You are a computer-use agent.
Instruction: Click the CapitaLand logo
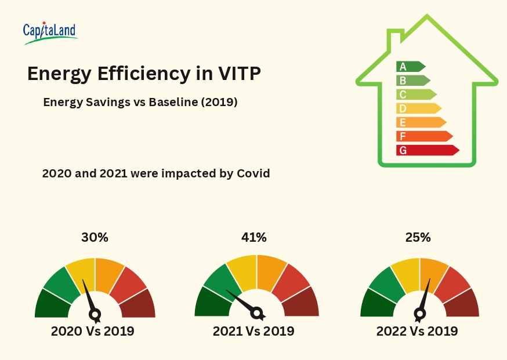[x=50, y=32]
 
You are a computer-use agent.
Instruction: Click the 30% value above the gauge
[x=95, y=237]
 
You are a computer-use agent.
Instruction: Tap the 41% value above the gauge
[x=253, y=237]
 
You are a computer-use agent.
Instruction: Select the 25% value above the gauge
[x=418, y=237]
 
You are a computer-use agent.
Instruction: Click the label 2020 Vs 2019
[x=93, y=332]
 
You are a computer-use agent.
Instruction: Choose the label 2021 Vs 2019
[x=253, y=332]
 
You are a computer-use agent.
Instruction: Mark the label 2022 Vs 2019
[x=417, y=332]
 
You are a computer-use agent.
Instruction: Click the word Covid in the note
[x=251, y=173]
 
